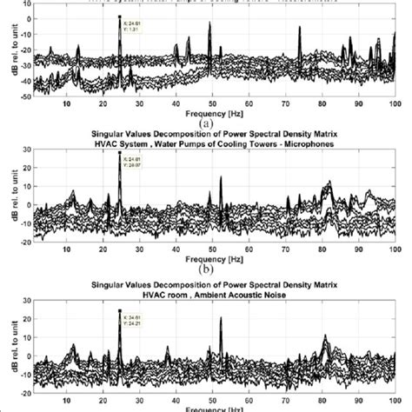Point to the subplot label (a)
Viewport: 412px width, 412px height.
pyautogui.click(x=206, y=123)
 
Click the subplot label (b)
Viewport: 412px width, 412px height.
pyautogui.click(x=206, y=269)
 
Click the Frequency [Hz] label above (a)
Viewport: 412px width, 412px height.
pyautogui.click(x=207, y=112)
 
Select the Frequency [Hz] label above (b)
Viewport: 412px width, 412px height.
pyautogui.click(x=207, y=259)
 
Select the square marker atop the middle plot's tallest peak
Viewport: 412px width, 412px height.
pyautogui.click(x=119, y=154)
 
